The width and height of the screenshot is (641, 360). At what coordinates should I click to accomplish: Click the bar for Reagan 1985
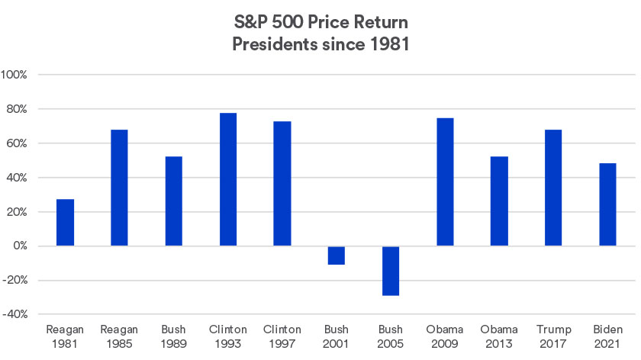click(x=119, y=188)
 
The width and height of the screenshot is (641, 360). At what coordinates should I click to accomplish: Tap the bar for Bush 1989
click(x=173, y=201)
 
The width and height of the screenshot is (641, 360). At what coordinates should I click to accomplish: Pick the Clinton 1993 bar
click(x=227, y=179)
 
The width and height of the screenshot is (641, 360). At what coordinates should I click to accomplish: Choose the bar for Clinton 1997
click(x=282, y=184)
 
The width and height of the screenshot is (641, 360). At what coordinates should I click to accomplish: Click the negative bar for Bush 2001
click(x=337, y=256)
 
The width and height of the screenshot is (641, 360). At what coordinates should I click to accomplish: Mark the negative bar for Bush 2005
click(x=391, y=271)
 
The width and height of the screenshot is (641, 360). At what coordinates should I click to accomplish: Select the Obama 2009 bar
click(x=445, y=182)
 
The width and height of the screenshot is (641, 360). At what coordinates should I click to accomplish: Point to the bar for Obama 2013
click(x=499, y=201)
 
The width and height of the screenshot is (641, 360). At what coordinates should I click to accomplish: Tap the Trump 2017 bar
click(x=553, y=188)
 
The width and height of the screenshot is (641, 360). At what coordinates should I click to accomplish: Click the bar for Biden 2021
click(x=607, y=204)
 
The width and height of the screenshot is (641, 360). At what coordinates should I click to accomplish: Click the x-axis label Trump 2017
click(x=553, y=336)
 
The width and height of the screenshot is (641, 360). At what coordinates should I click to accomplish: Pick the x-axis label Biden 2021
click(x=607, y=336)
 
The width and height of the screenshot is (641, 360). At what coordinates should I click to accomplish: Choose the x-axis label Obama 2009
click(x=445, y=336)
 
